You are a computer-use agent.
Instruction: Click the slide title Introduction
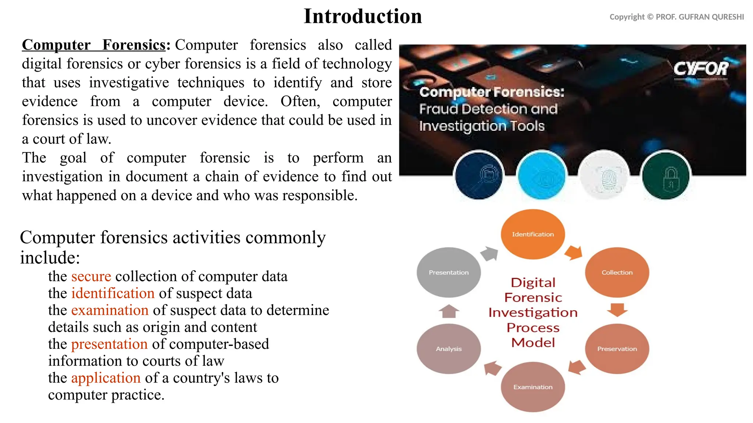(x=363, y=17)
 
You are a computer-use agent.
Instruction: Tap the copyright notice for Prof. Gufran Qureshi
(x=677, y=17)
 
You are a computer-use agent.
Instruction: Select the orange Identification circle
(x=533, y=234)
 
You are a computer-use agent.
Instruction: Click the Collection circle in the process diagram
(x=617, y=272)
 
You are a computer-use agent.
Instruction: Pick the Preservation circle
(x=617, y=349)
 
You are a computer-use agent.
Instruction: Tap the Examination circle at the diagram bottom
(x=533, y=387)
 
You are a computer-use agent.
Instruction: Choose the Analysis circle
(x=449, y=349)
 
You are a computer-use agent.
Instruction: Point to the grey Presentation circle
(x=449, y=272)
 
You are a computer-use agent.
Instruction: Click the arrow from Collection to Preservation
(x=617, y=310)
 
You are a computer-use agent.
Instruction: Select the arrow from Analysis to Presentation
(x=449, y=311)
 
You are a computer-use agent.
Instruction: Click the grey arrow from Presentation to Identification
(x=489, y=253)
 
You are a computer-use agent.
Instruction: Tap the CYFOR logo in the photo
(x=700, y=69)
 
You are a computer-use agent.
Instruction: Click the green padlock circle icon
(x=665, y=176)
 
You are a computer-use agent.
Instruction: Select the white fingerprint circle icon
(x=604, y=176)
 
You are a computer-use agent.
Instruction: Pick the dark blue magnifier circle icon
(x=479, y=176)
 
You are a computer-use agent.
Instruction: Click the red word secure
(x=91, y=276)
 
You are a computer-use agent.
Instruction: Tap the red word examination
(x=110, y=310)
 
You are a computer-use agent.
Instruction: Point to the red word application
(x=106, y=378)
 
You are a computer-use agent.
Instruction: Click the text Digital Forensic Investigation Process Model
(x=533, y=312)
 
